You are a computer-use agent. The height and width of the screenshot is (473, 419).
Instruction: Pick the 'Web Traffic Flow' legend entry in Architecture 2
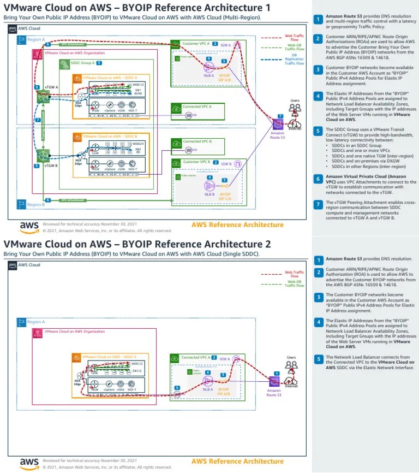(295, 274)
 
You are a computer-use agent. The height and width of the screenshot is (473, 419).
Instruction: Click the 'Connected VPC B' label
(196, 141)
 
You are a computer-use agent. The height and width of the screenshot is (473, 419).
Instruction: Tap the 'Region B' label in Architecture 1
(36, 204)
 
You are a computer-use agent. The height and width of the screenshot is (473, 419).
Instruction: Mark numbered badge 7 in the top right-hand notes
(318, 204)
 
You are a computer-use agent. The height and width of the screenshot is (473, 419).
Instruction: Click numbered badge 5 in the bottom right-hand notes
(318, 359)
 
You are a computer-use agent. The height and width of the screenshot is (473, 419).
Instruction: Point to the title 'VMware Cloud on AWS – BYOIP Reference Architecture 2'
(137, 244)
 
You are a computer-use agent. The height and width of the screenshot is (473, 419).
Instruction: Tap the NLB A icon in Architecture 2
(207, 381)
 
